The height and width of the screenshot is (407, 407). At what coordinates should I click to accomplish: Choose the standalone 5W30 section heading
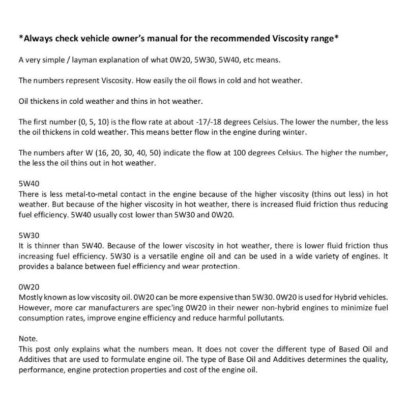(x=29, y=236)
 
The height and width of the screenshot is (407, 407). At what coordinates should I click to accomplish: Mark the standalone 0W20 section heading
(x=29, y=288)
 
